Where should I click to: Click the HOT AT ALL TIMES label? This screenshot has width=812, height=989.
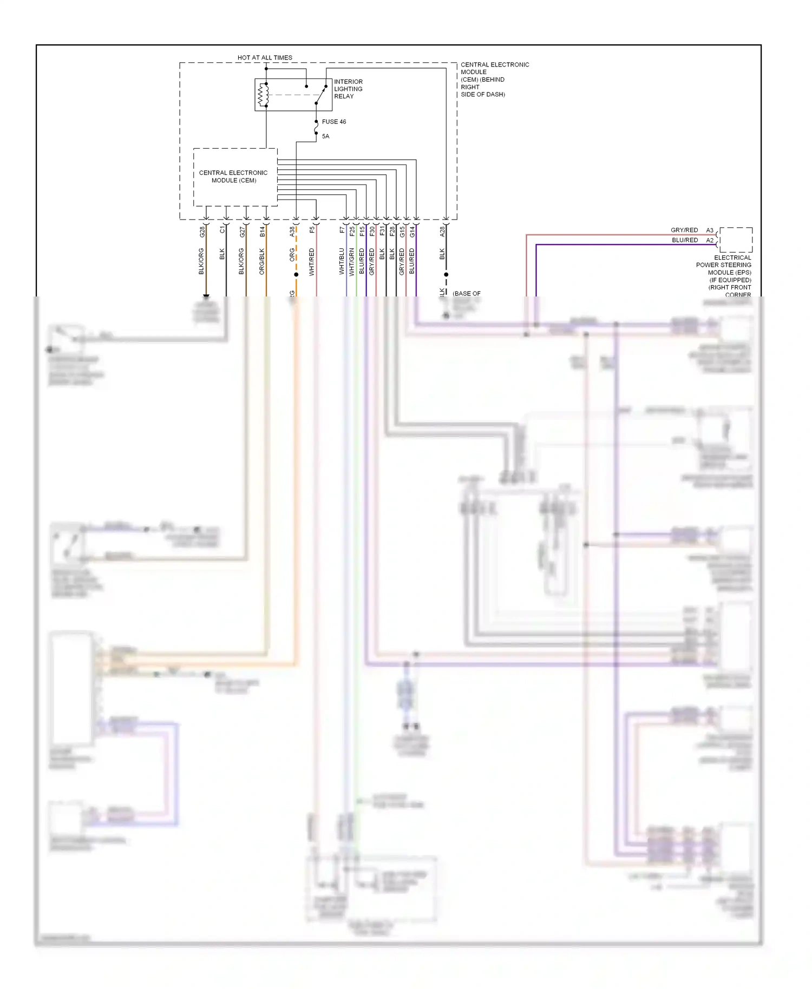click(x=265, y=57)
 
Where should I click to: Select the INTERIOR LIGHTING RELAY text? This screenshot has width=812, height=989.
click(x=348, y=89)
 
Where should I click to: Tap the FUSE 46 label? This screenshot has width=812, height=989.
click(x=333, y=122)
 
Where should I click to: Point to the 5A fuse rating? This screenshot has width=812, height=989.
click(x=325, y=136)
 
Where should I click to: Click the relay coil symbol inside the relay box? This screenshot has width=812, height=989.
click(x=263, y=95)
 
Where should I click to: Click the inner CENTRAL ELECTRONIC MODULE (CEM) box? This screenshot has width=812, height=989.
click(x=235, y=177)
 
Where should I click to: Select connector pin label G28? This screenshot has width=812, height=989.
click(x=202, y=232)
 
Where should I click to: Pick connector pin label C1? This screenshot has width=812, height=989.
click(x=222, y=230)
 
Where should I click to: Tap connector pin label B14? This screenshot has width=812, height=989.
click(x=263, y=232)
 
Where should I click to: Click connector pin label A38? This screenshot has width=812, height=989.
click(x=292, y=232)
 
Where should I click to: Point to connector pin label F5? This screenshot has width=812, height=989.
click(x=312, y=230)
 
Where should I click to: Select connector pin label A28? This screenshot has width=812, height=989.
click(x=442, y=232)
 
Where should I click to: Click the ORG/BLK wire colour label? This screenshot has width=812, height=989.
click(x=262, y=261)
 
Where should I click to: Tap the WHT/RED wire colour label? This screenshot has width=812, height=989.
click(x=312, y=262)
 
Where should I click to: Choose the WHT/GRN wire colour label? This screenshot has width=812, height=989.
click(x=352, y=262)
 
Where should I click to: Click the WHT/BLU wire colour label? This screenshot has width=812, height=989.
click(x=342, y=261)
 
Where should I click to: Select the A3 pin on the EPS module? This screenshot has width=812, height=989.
click(x=709, y=230)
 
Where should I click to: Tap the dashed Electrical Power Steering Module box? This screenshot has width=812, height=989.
click(x=736, y=240)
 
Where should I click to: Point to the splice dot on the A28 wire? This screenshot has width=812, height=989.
click(x=446, y=274)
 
